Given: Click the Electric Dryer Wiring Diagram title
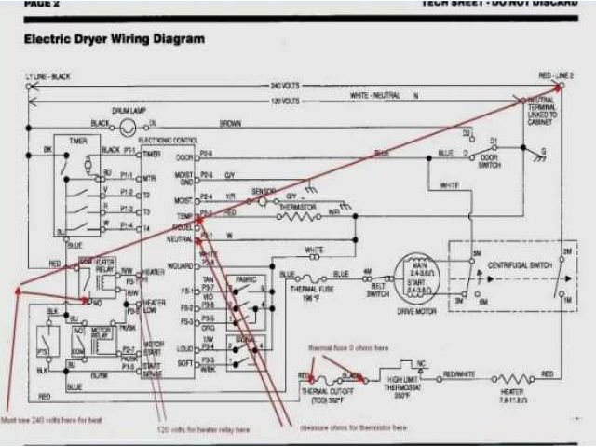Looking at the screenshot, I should pos(113,40).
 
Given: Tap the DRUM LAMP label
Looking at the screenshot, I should pos(130,110).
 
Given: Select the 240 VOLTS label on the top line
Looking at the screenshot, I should pos(285,86).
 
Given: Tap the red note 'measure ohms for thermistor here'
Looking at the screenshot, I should pos(353,427).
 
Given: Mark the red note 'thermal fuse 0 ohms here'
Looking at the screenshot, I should pos(349,348).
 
